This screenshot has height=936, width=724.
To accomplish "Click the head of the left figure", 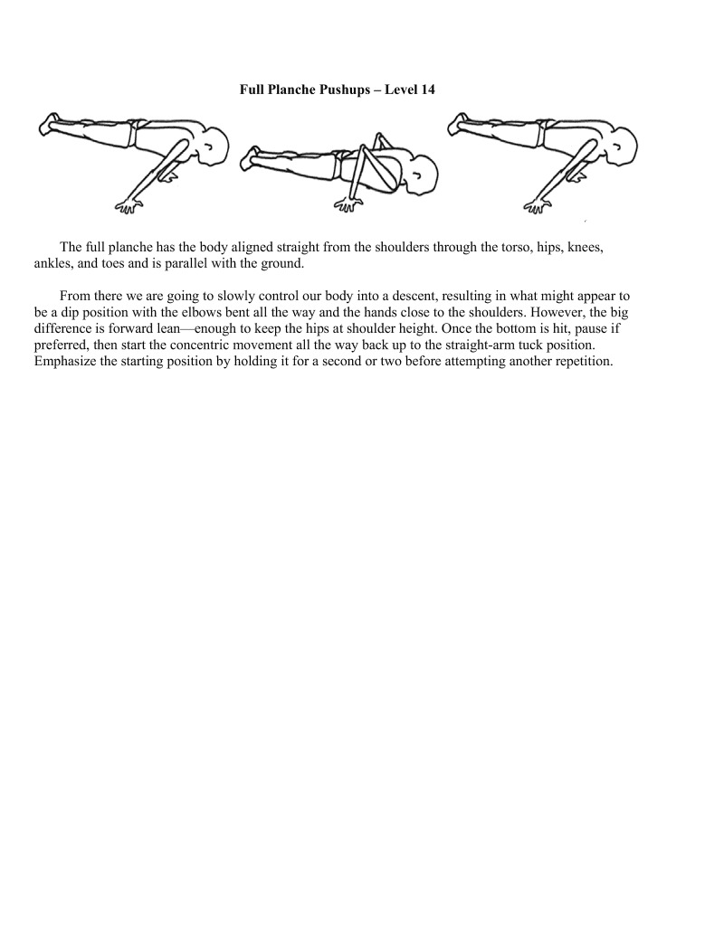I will point(215,144).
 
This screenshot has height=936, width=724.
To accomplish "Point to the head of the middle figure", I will point(422,172).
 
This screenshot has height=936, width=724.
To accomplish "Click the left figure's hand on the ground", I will point(128,206).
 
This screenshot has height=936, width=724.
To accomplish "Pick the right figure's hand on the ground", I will point(538,206).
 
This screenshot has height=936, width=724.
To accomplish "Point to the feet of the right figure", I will point(460,123).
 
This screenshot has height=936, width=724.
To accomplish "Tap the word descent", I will point(406,297).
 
